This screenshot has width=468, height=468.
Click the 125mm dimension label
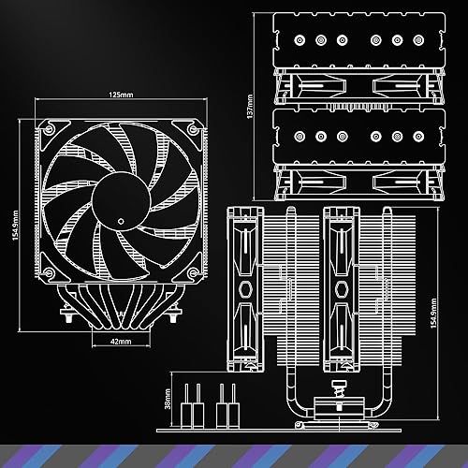point(119,95)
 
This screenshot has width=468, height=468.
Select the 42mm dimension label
point(120,343)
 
